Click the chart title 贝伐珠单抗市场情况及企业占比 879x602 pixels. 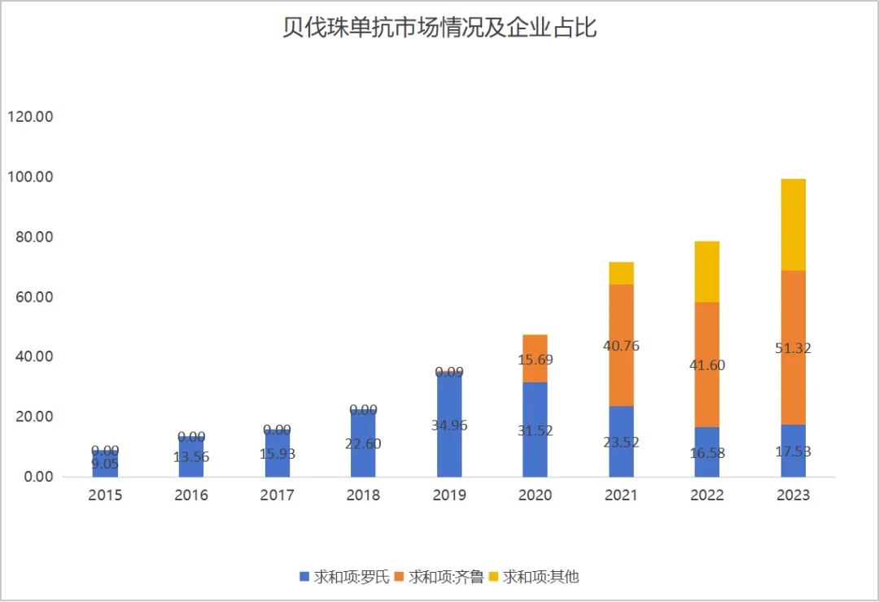tap(439, 28)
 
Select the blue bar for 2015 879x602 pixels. tap(105, 465)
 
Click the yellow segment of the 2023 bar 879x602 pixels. tap(793, 225)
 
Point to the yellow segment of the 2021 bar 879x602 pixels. tap(621, 273)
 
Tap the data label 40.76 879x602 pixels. tap(621, 346)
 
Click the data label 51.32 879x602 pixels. tap(793, 348)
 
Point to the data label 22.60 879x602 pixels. tap(363, 444)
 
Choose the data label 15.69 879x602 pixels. tap(535, 359)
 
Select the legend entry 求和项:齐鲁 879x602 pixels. tap(439, 577)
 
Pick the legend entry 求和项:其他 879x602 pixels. tap(535, 577)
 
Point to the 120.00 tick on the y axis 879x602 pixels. tap(30, 117)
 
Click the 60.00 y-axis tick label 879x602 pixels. tap(33, 297)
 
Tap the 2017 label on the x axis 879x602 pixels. tap(277, 495)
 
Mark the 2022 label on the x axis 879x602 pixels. tap(706, 495)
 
